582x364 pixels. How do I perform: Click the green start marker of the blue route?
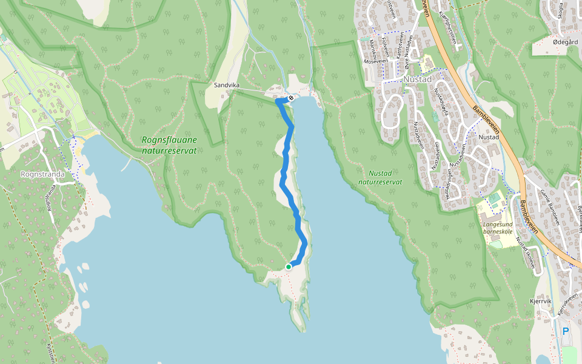pos(289,266)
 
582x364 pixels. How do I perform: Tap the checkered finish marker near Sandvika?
pos(292,98)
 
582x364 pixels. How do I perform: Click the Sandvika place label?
pos(227,86)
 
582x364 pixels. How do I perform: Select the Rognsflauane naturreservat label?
pos(169,144)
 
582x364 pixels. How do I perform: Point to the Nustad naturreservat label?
pos(380,177)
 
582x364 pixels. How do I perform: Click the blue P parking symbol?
pos(565,331)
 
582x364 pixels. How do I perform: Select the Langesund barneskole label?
pos(498,228)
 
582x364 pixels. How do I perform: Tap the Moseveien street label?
pos(374,61)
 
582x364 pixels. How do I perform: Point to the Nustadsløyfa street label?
pos(441,104)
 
